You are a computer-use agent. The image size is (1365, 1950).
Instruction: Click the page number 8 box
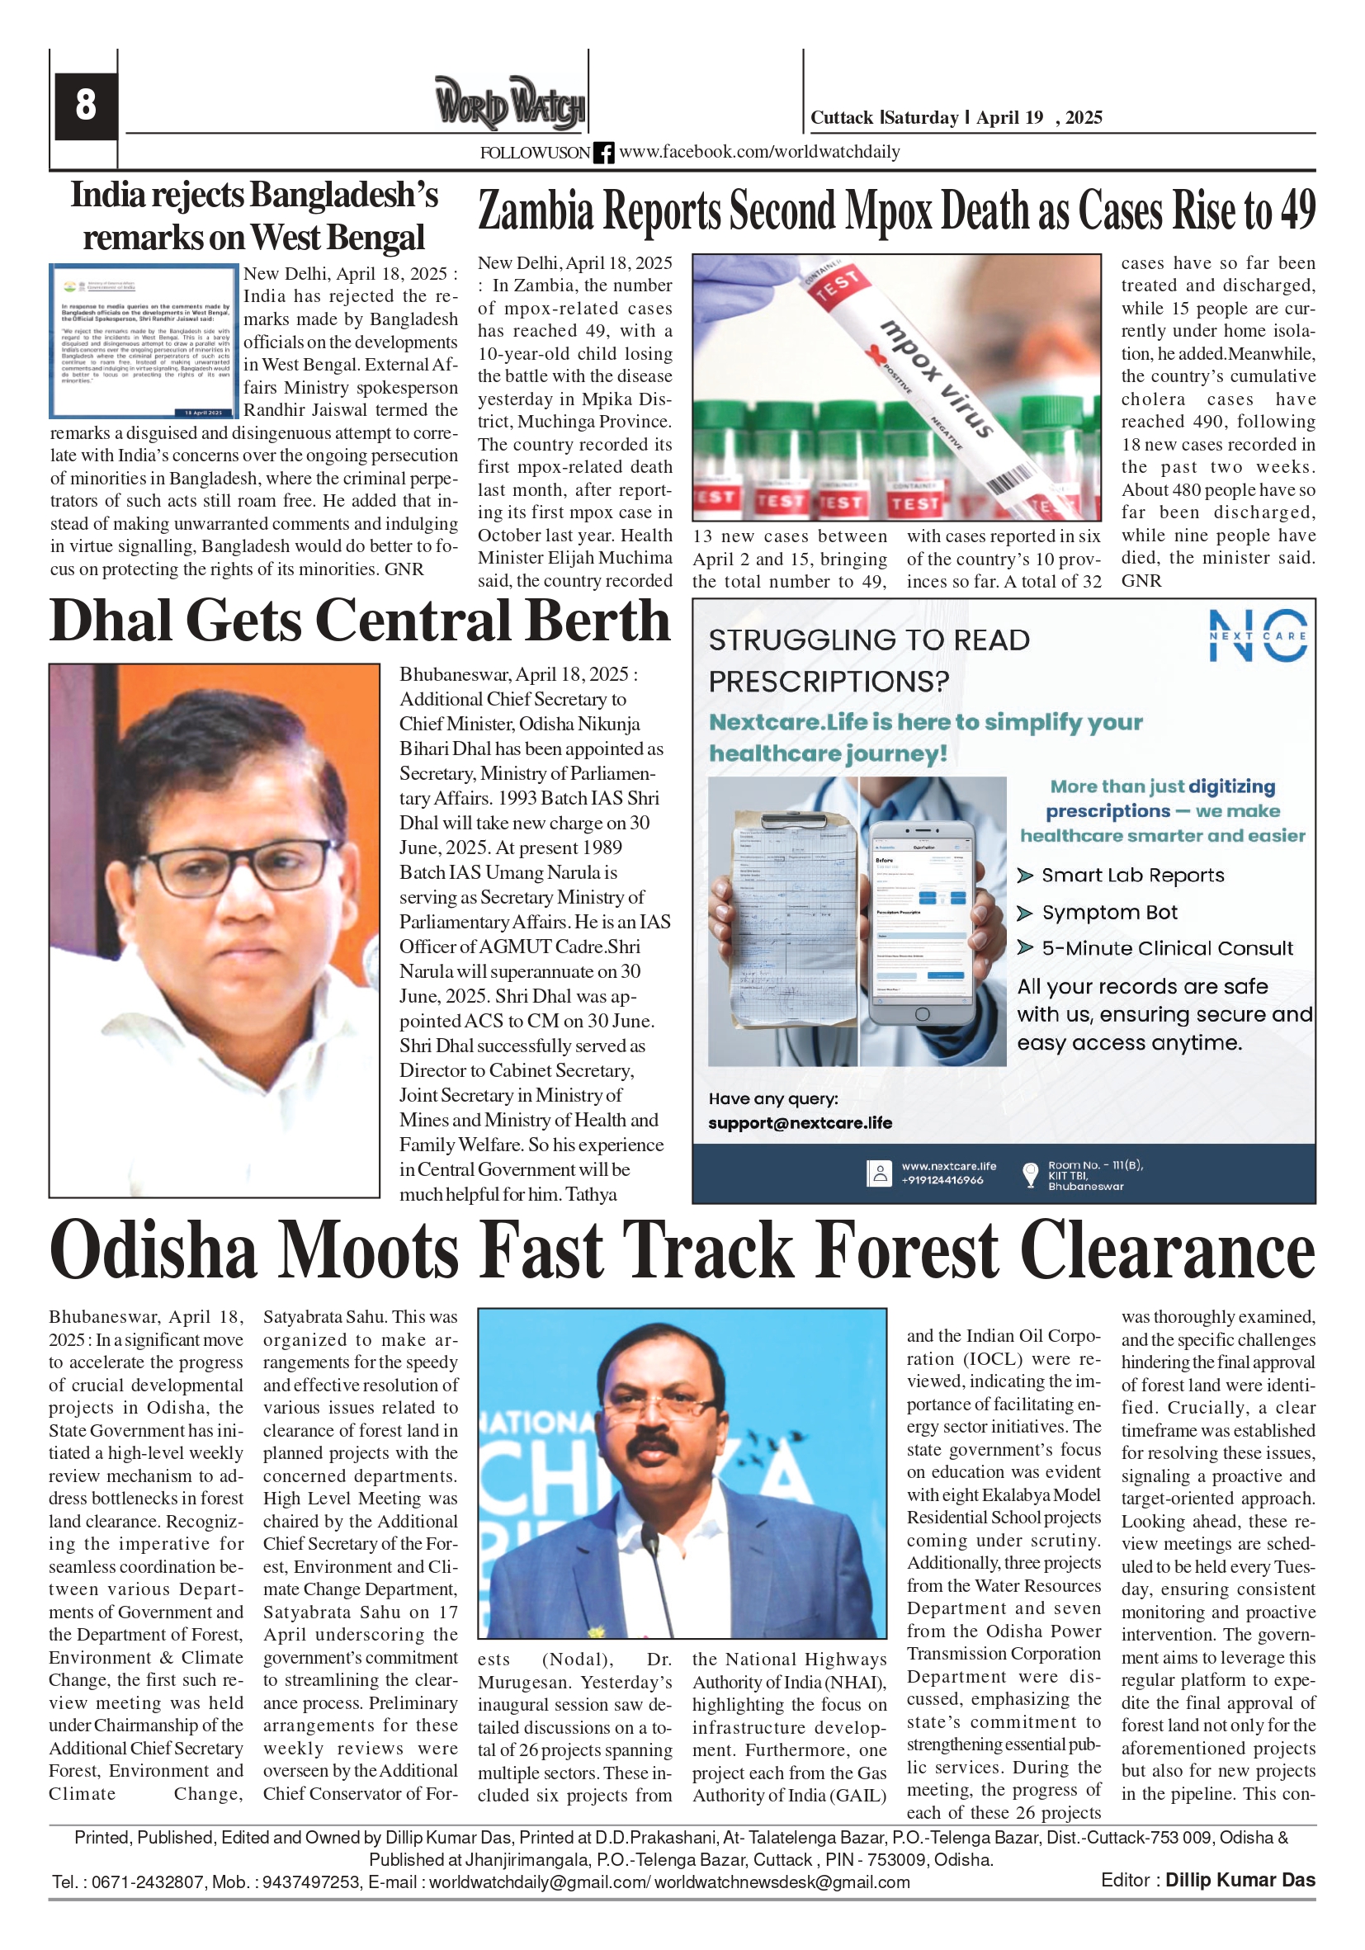coord(85,106)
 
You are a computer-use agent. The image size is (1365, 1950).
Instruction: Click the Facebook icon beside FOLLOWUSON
coord(603,153)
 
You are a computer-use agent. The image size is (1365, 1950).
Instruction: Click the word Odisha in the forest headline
coord(153,1251)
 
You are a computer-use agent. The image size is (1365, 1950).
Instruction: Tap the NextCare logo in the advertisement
coord(1258,635)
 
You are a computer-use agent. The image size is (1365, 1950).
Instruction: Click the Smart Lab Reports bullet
coord(1132,876)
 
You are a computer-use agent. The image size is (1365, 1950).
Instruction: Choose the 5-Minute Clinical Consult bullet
coord(1167,949)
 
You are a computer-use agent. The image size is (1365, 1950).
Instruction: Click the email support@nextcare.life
coord(801,1123)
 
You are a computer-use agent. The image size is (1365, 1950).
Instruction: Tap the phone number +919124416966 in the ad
coord(942,1181)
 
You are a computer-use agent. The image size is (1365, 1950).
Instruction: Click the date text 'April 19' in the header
coord(1009,118)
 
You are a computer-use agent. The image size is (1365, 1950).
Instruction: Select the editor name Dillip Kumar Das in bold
coord(1240,1881)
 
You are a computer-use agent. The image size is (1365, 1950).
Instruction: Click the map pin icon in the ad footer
coord(1030,1173)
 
